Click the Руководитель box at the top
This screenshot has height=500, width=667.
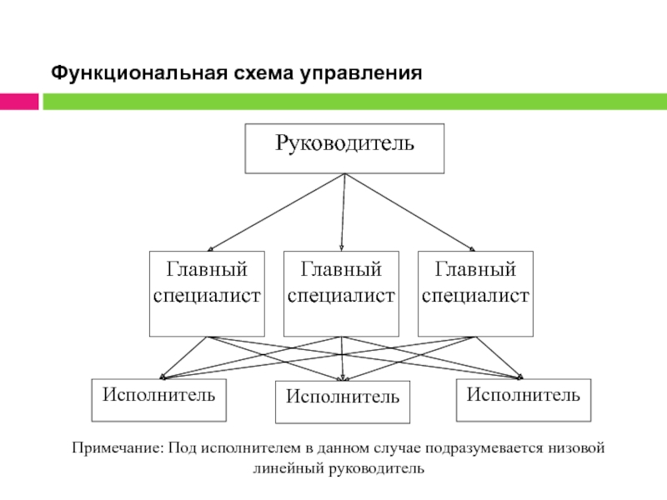coord(344,148)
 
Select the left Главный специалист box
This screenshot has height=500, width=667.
coord(207,294)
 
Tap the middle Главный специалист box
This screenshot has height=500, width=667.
coord(341,294)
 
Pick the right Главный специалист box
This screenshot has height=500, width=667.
coord(475,294)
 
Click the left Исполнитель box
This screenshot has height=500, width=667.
coord(159,400)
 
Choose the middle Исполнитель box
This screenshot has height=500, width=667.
coord(343,402)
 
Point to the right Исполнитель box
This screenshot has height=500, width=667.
coord(524,400)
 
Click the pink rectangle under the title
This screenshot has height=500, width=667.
coord(19,102)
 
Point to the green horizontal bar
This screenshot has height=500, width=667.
coord(355,102)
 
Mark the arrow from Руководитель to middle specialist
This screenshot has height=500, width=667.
coord(343,212)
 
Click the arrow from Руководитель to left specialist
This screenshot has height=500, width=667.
coord(276,212)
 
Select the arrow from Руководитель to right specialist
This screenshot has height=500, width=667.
coord(410,212)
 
